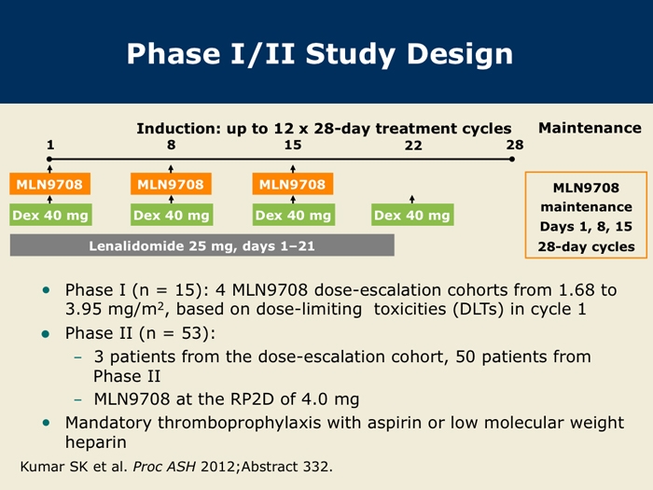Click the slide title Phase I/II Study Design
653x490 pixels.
[320, 54]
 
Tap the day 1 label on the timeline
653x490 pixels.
[49, 145]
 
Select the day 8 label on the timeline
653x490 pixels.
[172, 145]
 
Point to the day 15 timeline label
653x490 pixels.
[293, 145]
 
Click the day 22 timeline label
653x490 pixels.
[413, 146]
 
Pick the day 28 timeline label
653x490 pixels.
[515, 145]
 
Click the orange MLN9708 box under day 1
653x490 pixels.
[49, 184]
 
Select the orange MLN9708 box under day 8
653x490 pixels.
[171, 184]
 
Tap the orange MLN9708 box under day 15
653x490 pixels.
[293, 184]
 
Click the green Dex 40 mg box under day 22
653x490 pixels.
[412, 216]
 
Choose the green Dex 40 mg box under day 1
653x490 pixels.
[49, 216]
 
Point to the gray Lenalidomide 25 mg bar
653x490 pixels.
[201, 246]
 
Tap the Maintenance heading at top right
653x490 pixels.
[590, 128]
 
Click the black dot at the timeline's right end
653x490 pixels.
[512, 160]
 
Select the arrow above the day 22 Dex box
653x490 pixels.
[412, 198]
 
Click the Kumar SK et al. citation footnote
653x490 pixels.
[176, 465]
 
